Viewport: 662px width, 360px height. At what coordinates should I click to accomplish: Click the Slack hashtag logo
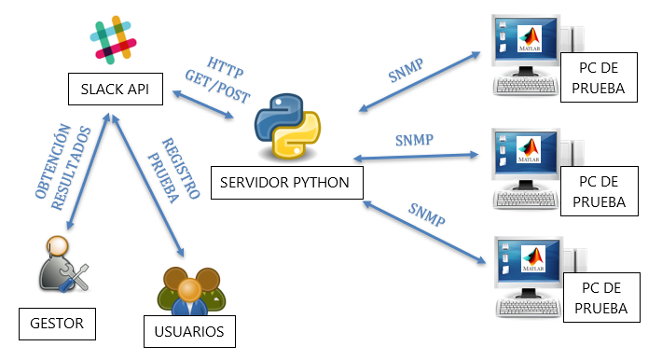point(113,40)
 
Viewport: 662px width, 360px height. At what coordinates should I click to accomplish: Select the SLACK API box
point(116,90)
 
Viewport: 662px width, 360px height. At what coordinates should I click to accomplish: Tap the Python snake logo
point(287,126)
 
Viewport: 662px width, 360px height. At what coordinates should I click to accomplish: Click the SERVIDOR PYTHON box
point(286,183)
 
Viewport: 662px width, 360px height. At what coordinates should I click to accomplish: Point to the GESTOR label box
point(57,324)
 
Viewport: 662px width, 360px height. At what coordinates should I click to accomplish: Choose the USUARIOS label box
point(189,331)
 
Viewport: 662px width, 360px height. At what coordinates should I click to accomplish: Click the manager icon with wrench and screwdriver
point(63,265)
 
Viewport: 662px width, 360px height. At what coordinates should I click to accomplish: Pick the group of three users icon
point(191,291)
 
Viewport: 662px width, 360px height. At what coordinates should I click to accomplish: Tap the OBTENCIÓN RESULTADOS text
point(62,166)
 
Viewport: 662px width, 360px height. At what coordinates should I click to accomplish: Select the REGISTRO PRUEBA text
point(173,169)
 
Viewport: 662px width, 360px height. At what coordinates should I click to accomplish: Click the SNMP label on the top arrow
point(406,70)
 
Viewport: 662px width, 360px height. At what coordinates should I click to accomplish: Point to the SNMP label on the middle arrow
point(414,140)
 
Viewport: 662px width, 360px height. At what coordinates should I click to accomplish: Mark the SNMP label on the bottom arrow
point(426,215)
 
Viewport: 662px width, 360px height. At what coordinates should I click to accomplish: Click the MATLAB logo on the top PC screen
point(530,39)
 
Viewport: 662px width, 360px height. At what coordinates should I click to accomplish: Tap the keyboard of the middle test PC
point(525,200)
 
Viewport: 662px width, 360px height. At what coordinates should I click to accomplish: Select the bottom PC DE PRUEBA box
point(601,298)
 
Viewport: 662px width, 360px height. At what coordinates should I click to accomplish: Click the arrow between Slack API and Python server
point(203,104)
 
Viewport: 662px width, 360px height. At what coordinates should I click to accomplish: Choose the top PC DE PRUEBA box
point(599,77)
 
